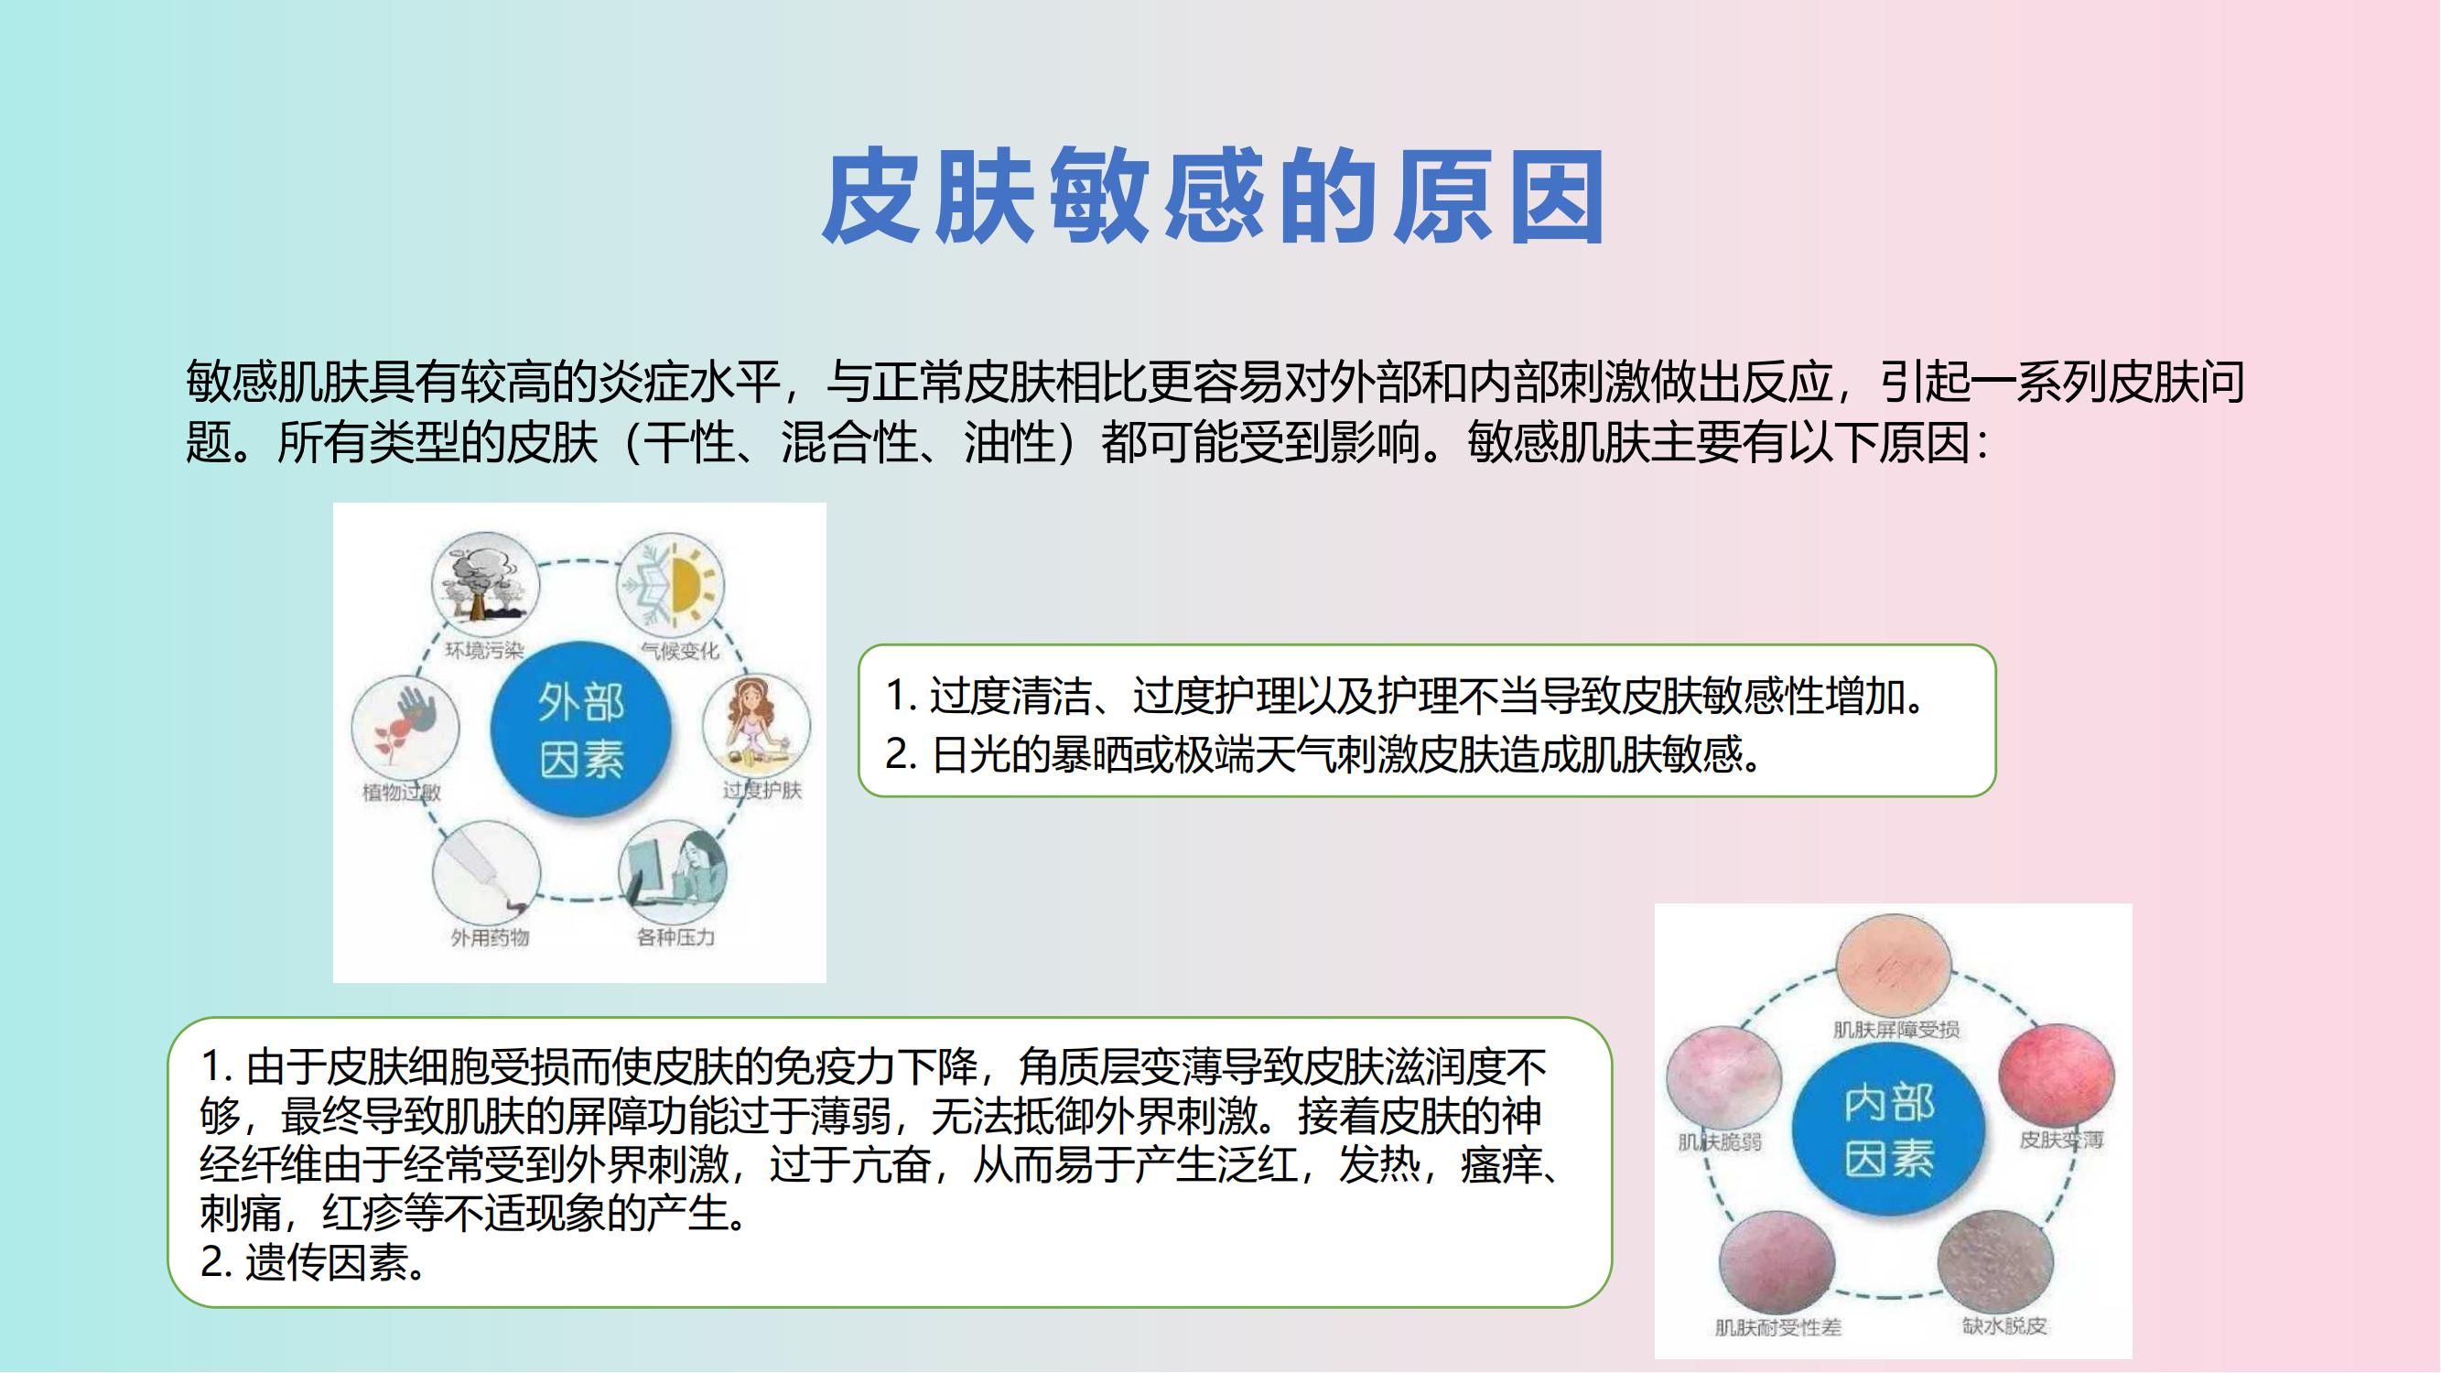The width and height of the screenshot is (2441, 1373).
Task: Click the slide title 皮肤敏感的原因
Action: coord(1213,196)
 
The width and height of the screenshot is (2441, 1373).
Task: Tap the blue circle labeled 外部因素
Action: coord(581,730)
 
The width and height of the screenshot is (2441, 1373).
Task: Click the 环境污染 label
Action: coord(484,650)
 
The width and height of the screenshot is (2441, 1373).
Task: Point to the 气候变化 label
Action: coord(680,650)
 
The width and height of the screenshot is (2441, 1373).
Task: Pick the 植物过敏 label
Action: coord(402,791)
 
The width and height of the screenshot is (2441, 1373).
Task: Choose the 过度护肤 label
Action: coord(762,790)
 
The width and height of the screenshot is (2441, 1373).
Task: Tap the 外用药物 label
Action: coord(490,937)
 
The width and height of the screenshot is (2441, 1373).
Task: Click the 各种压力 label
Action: coord(675,937)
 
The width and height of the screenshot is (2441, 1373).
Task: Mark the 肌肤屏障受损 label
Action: coord(1896,1029)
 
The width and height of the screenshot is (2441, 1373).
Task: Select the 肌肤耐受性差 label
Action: coord(1777,1327)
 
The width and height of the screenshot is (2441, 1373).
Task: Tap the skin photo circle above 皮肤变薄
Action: coord(2057,1076)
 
